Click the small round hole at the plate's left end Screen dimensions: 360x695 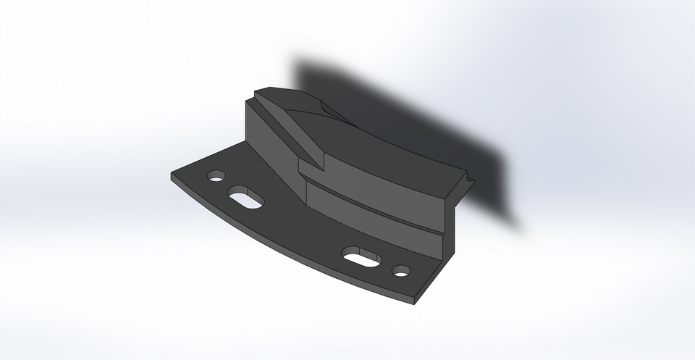pyautogui.click(x=216, y=176)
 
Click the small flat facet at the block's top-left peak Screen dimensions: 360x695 pyautogui.click(x=279, y=93)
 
